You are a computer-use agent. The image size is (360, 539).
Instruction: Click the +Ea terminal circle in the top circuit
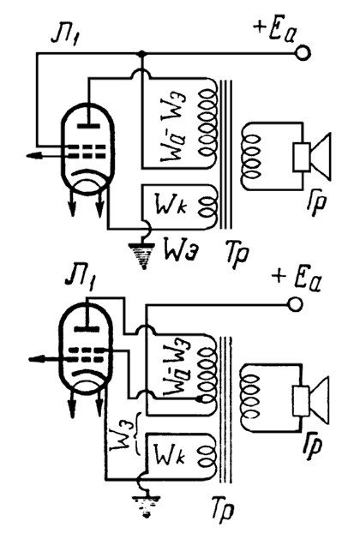click(x=303, y=53)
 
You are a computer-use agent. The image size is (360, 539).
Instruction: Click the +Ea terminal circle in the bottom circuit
click(x=295, y=304)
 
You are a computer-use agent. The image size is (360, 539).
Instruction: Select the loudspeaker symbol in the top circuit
click(x=312, y=157)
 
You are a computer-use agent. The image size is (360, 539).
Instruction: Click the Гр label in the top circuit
click(x=316, y=204)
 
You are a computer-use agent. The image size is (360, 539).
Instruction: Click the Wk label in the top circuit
click(x=171, y=205)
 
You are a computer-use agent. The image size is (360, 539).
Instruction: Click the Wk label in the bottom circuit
click(x=170, y=455)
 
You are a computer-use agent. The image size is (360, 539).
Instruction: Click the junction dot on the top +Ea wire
click(x=141, y=54)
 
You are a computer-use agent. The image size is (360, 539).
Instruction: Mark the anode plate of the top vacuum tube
click(x=88, y=126)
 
